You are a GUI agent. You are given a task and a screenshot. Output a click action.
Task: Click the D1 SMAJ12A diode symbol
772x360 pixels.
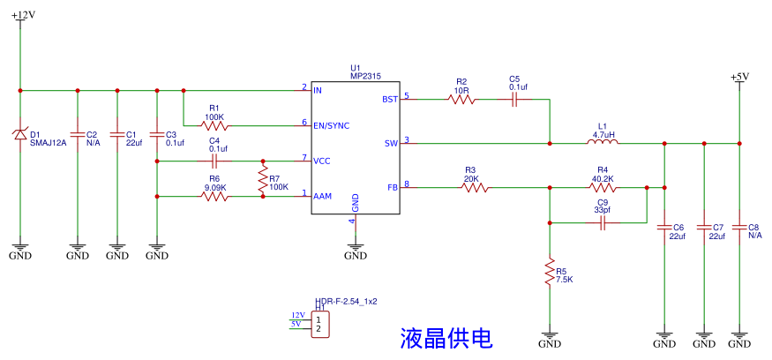point(20,134)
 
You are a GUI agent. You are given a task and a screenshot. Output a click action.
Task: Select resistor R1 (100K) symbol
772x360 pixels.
point(214,125)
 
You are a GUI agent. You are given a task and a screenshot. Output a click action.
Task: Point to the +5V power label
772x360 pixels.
point(739,77)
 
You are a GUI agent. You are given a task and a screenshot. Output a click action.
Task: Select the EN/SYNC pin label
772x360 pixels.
point(331,125)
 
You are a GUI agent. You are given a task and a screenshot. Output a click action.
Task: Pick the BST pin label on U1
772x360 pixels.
point(390,99)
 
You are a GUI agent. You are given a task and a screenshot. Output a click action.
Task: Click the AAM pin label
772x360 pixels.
point(323,196)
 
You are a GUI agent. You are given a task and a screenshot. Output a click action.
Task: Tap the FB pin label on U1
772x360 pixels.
point(392,187)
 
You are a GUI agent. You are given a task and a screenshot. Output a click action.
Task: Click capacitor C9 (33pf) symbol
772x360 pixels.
point(603,224)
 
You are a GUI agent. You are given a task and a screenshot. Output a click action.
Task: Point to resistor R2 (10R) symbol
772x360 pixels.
point(461,100)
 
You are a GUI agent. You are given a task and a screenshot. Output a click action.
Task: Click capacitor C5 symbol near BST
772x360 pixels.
point(514,100)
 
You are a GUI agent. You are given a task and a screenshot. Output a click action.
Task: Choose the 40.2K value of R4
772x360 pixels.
point(603,179)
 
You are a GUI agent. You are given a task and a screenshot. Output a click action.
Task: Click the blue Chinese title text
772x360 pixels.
point(446,337)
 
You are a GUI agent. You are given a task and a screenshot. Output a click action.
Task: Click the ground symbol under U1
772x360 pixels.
point(356,250)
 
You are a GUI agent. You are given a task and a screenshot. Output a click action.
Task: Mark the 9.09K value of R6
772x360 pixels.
point(216,187)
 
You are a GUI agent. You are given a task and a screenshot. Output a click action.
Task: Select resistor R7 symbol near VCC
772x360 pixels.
point(262,179)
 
